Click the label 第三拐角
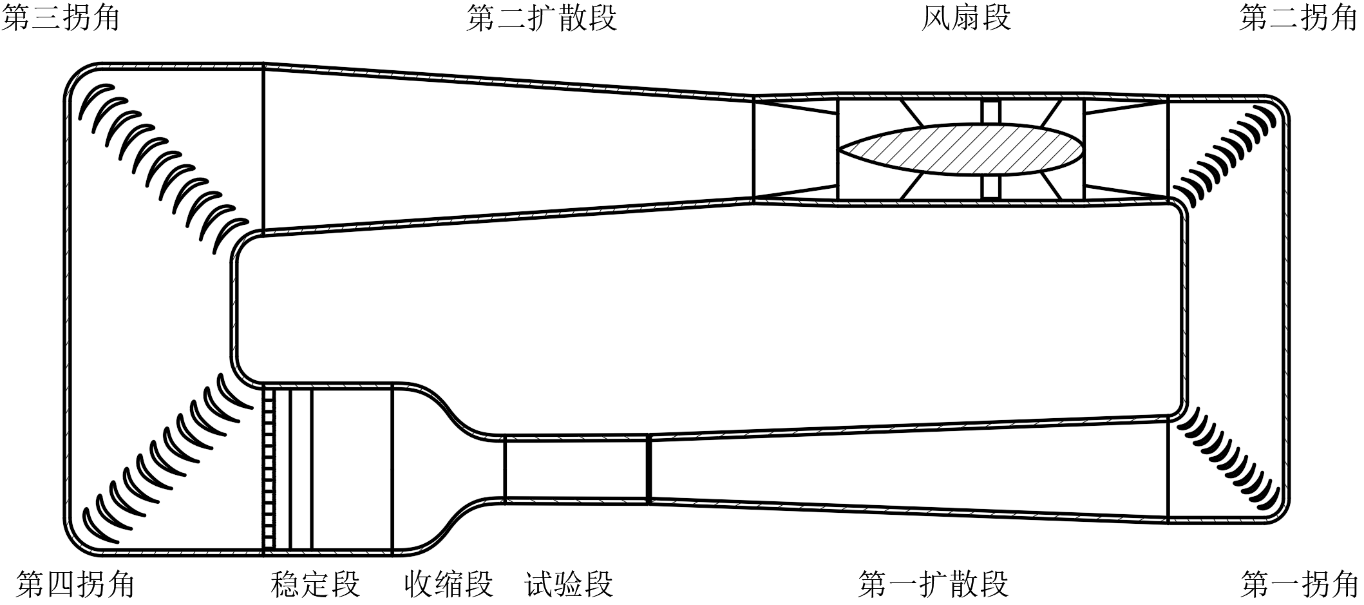tap(61, 17)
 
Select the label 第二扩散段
tap(542, 17)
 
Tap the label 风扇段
tap(965, 17)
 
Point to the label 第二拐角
tap(1298, 17)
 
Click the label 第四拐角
tap(75, 584)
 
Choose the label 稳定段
tap(315, 584)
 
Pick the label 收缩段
tap(448, 584)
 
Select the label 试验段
tap(569, 584)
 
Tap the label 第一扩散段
tap(933, 584)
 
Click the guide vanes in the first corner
tap(1224, 461)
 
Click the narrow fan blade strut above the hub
tap(992, 111)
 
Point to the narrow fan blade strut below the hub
tap(992, 187)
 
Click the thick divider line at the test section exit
tap(649, 468)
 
